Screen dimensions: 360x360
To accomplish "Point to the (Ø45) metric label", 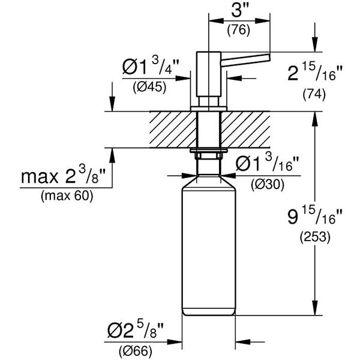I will click(x=149, y=86).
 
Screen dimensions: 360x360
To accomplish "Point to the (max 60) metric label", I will click(x=67, y=196).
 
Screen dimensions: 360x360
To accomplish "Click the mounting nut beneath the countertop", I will click(x=208, y=155).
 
